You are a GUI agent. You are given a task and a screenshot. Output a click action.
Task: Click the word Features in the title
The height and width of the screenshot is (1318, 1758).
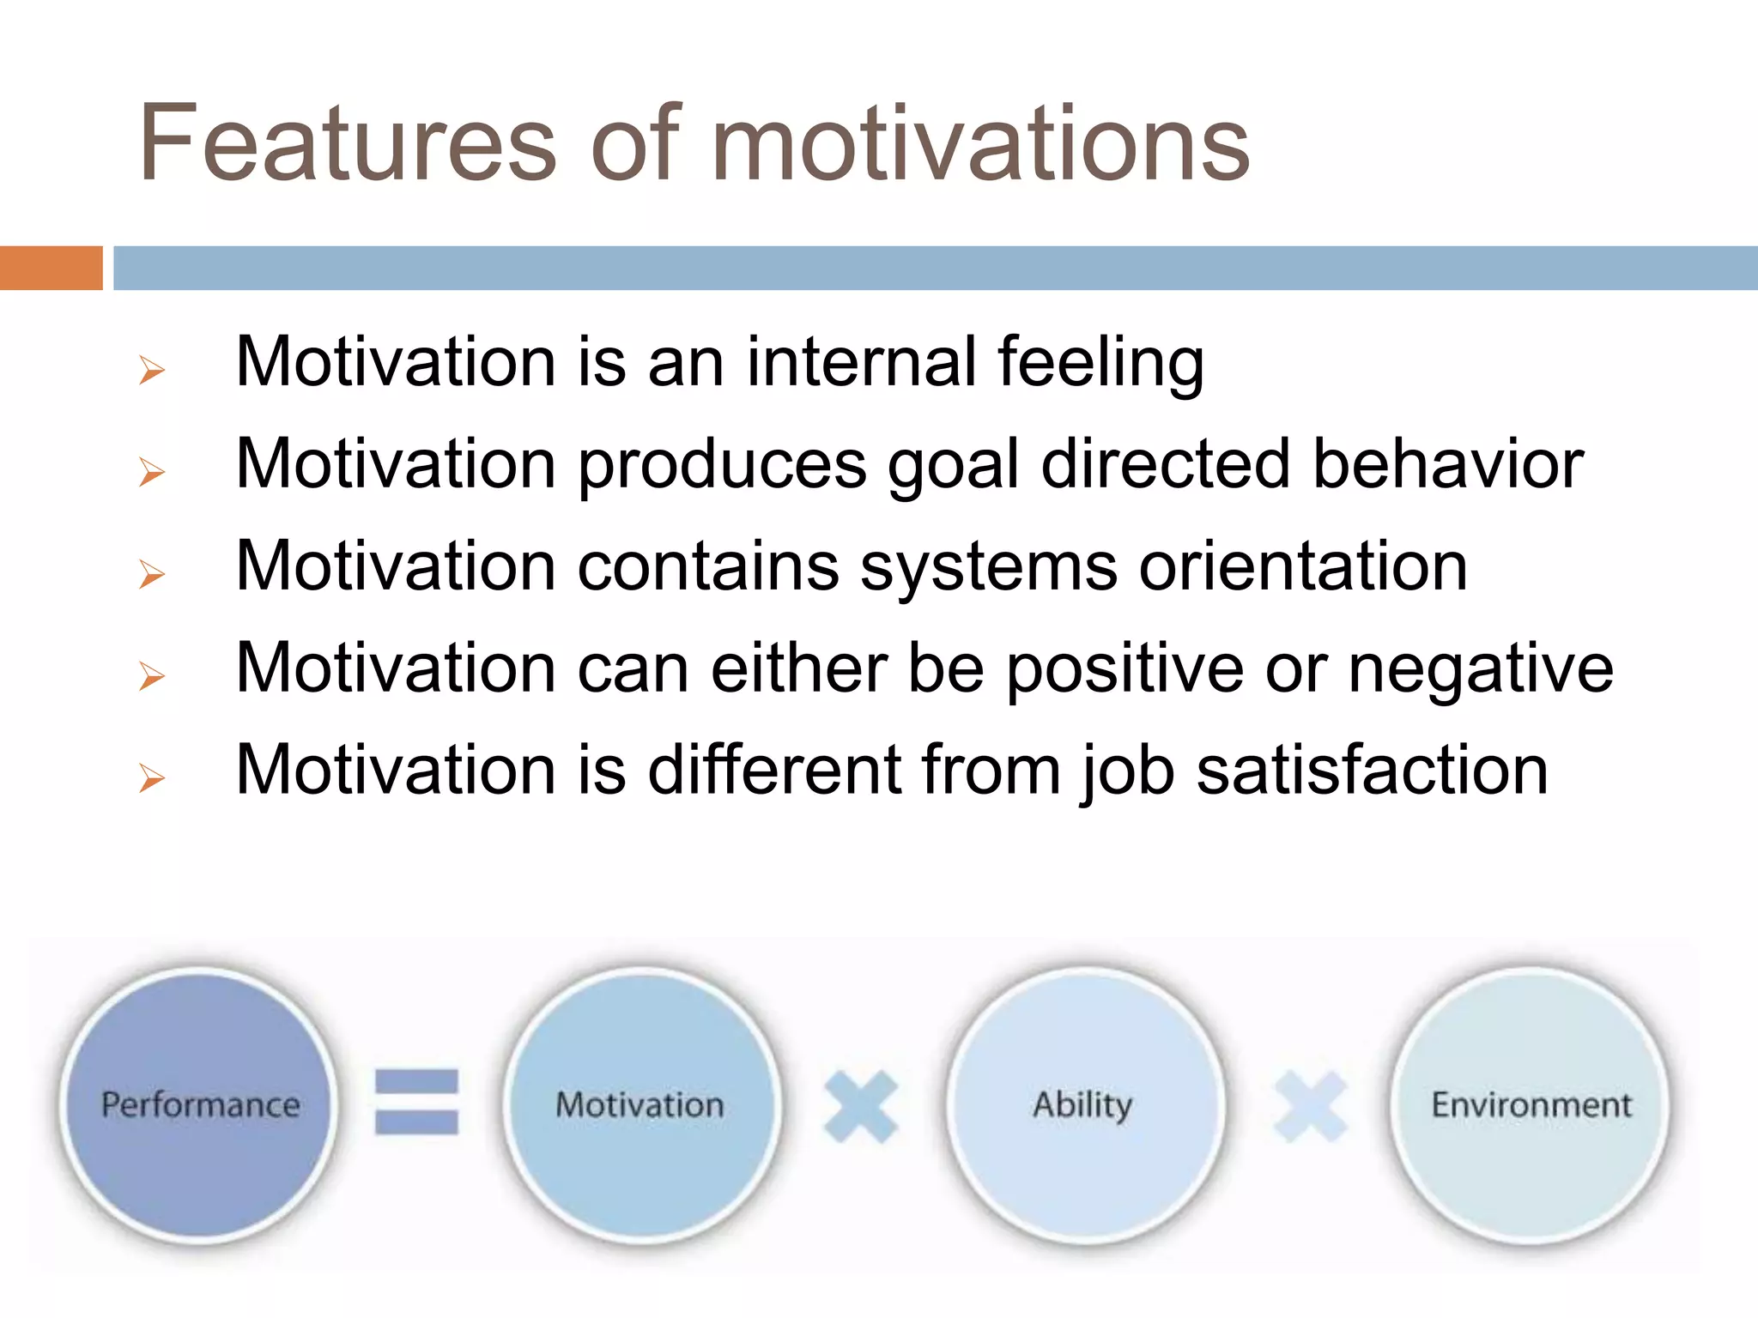348,144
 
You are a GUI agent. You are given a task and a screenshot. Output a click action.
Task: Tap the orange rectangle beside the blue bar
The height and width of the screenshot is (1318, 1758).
51,268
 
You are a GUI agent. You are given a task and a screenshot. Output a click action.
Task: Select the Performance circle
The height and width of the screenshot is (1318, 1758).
200,1105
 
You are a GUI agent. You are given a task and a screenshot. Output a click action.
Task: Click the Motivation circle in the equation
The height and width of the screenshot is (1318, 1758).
640,1105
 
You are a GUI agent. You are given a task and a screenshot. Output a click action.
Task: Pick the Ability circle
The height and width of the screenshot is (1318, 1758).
1083,1105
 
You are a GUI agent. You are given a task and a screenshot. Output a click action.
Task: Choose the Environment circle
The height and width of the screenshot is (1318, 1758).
1531,1105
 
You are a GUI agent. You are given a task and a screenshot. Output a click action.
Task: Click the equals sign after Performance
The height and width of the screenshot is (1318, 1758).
417,1102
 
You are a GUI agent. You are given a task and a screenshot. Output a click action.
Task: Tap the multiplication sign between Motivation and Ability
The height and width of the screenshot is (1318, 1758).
860,1107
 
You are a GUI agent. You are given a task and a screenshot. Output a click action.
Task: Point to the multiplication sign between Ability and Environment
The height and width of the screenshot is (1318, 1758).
1310,1107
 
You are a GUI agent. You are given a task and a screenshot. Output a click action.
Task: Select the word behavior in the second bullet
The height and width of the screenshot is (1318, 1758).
1448,465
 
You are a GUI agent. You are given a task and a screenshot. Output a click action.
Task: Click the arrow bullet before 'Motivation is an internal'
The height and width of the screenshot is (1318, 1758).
151,371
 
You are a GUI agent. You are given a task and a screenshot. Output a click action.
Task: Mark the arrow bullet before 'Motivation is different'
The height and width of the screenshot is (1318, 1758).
151,778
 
